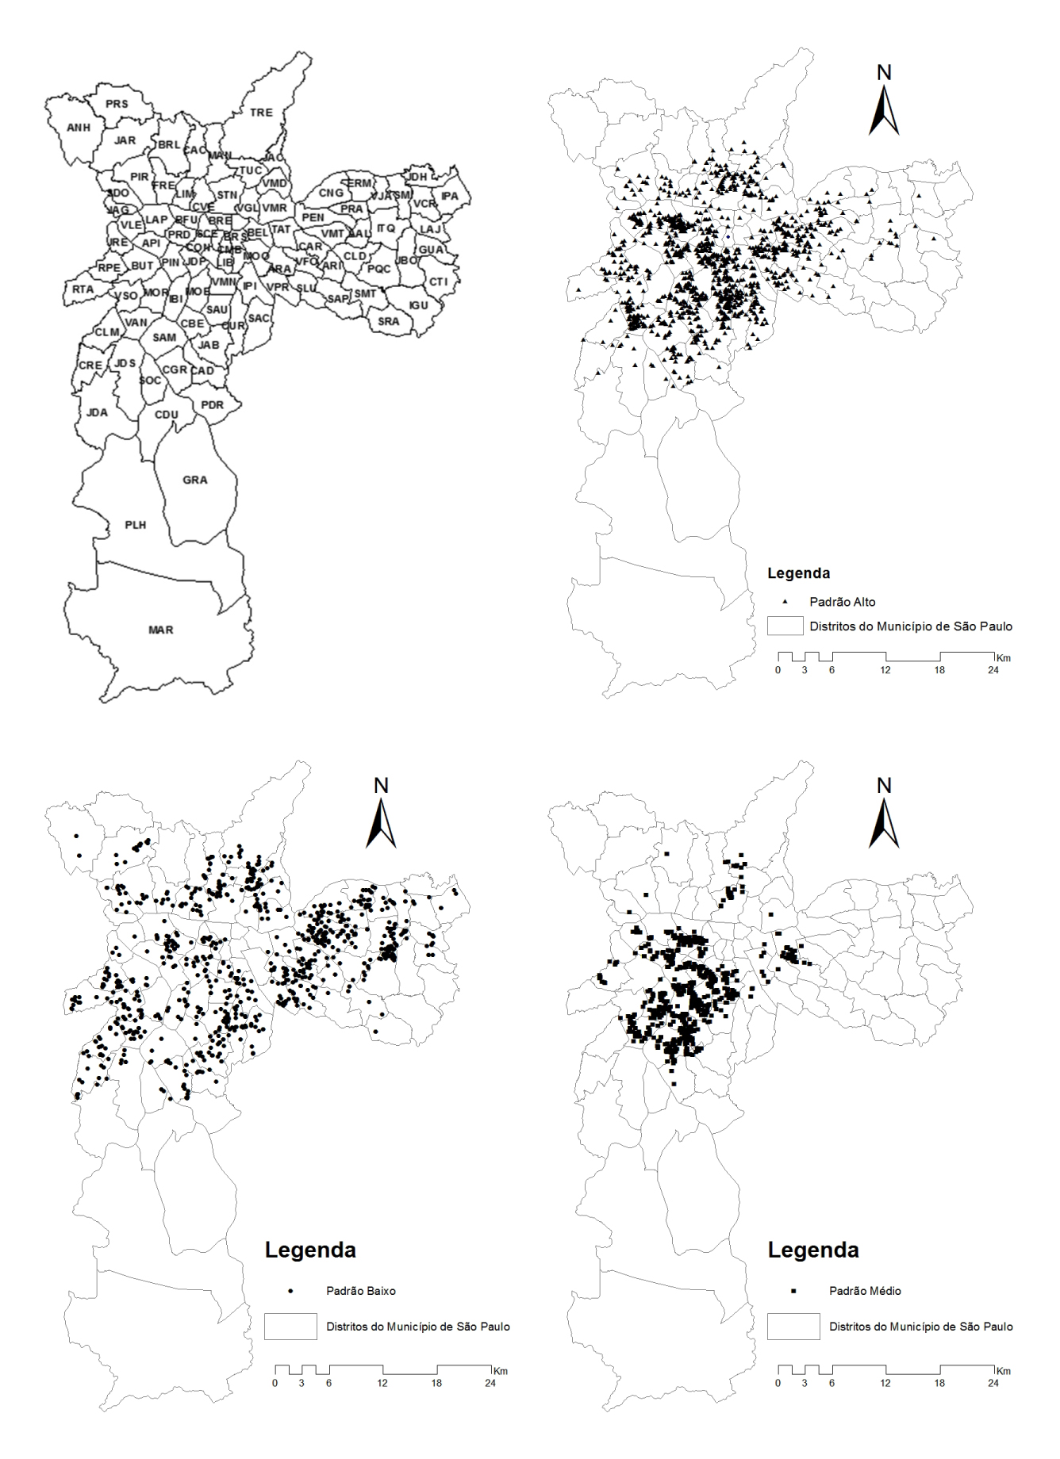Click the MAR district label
point(160,630)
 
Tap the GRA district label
point(194,480)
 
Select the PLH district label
point(135,525)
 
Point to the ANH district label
point(79,128)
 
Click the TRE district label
point(261,113)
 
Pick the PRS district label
point(117,104)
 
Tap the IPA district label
point(449,196)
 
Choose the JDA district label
point(97,412)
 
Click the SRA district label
point(388,321)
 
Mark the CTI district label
point(438,282)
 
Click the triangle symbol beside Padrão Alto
point(785,602)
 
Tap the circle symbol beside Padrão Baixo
point(290,1291)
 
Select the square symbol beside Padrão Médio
point(793,1291)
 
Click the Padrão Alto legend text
point(842,602)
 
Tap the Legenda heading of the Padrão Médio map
point(812,1250)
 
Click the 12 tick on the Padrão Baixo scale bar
point(382,1383)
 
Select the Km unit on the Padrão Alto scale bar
point(1004,658)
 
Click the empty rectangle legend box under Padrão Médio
point(793,1326)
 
